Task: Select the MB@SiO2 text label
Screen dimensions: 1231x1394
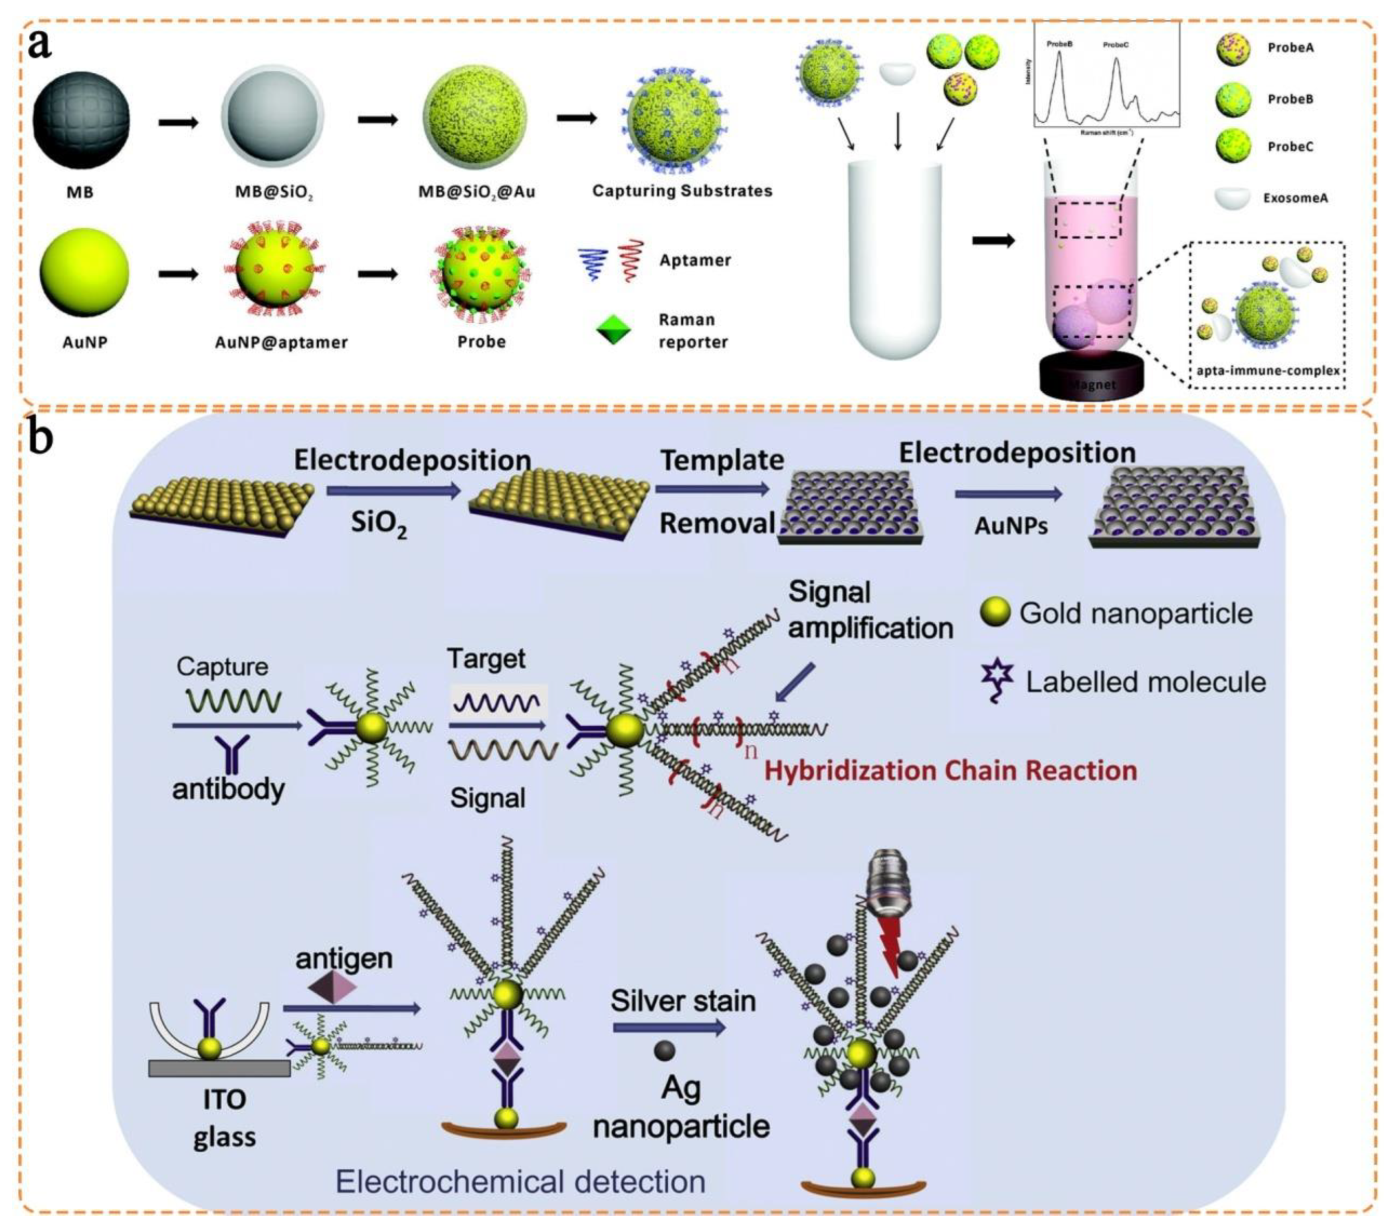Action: pyautogui.click(x=274, y=192)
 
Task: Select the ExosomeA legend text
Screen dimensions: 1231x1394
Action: pyautogui.click(x=1295, y=199)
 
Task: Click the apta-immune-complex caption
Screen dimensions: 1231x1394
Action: pyautogui.click(x=1268, y=371)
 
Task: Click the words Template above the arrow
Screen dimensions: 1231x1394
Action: pyautogui.click(x=722, y=461)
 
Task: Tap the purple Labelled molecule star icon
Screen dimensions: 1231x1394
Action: pyautogui.click(x=997, y=679)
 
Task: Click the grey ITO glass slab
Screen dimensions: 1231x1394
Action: pyautogui.click(x=219, y=1068)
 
